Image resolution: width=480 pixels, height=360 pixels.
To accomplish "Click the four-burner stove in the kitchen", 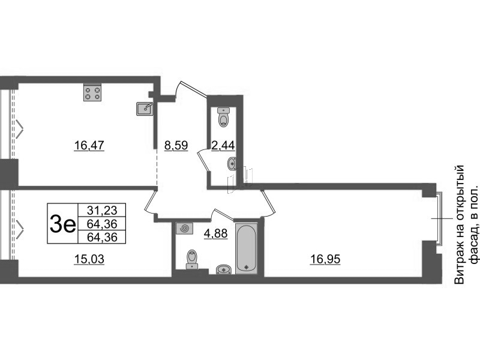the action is [92, 92].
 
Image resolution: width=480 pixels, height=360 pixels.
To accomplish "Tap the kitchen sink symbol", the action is [145, 109].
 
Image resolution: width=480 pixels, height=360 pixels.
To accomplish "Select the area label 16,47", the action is [89, 145].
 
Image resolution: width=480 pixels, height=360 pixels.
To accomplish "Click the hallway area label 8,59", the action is [176, 145].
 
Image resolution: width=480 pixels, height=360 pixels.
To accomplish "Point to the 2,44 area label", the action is [223, 145].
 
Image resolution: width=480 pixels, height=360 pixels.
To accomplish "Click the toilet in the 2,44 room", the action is [224, 117].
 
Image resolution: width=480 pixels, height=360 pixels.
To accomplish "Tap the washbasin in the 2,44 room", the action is [232, 163].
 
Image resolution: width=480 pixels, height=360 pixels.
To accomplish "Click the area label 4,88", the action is [216, 233].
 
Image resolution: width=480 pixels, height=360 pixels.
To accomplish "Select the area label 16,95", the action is [325, 259].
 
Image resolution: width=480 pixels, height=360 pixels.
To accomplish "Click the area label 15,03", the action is [89, 259].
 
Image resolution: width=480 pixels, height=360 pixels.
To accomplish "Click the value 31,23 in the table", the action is [102, 210].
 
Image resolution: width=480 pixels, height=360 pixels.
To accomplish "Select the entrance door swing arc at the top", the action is [178, 89].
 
